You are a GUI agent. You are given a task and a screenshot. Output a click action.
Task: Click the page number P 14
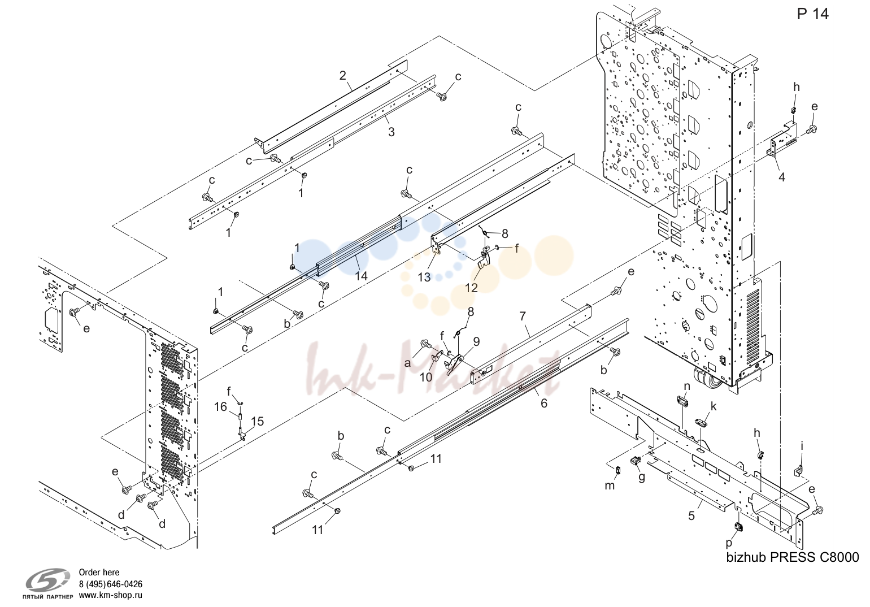coord(812,14)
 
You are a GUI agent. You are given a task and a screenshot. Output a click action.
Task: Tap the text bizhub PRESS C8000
coord(793,558)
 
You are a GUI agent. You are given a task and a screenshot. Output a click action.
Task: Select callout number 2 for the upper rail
coord(342,75)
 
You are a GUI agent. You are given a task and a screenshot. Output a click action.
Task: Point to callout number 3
coord(391,132)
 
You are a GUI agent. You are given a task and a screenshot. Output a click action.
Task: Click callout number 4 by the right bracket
coord(782,177)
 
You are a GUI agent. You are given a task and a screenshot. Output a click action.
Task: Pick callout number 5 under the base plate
coord(691,515)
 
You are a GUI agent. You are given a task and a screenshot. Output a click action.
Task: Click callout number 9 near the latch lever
coord(476,341)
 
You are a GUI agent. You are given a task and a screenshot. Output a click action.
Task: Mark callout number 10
coord(426,377)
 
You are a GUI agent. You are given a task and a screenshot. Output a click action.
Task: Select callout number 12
coord(472,288)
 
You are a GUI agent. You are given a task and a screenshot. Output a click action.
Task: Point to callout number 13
coord(424,278)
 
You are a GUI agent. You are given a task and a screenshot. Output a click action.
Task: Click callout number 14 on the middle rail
coord(361,276)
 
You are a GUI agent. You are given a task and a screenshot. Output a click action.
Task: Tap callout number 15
coord(257,421)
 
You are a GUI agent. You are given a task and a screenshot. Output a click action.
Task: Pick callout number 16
coord(220,407)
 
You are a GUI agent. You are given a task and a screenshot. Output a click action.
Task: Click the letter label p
coord(729,544)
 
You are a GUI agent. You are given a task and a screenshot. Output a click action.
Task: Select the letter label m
coord(610,485)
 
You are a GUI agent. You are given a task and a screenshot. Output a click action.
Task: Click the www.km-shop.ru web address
coord(111,595)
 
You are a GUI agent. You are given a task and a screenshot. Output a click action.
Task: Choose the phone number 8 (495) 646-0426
coord(111,584)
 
